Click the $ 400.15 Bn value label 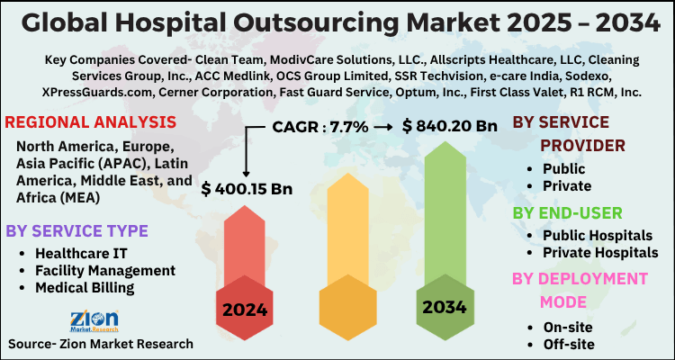[x=247, y=190]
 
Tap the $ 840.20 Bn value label [x=450, y=127]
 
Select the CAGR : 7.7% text [x=319, y=127]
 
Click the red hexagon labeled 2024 [x=245, y=310]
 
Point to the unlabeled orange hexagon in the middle [x=346, y=310]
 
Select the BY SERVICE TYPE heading [x=76, y=231]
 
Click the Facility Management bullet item [x=104, y=270]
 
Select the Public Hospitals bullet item [x=598, y=234]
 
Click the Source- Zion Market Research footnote [x=100, y=344]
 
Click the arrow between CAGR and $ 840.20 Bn [x=383, y=127]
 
